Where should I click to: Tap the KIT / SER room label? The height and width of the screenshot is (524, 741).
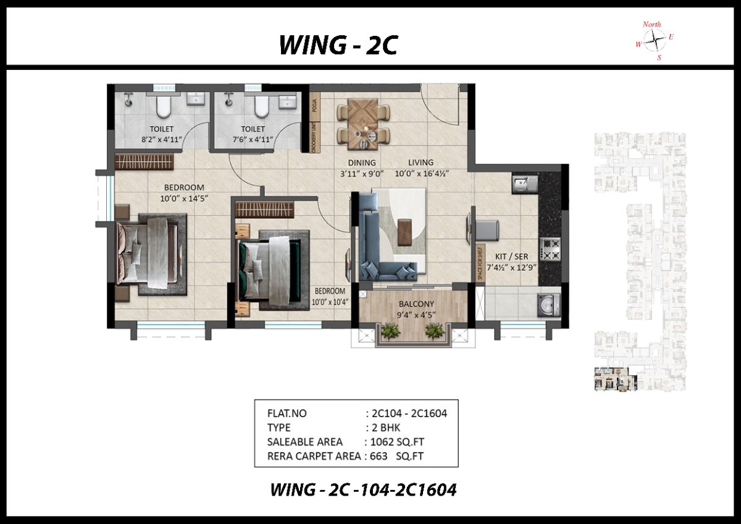tap(511, 256)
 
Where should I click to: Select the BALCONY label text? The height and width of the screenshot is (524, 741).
tap(416, 304)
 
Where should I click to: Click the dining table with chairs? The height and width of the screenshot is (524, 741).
tap(363, 124)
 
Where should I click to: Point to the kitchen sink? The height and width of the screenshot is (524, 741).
tap(525, 183)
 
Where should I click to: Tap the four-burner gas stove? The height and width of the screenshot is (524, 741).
tap(550, 249)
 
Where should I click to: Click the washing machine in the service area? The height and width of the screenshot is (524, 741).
tap(549, 305)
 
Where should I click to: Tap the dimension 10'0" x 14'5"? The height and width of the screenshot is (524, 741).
tap(184, 198)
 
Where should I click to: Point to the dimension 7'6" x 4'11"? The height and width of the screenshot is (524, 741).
tap(253, 140)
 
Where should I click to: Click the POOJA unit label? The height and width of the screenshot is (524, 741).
tap(314, 106)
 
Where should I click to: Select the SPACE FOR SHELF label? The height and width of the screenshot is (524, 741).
tap(480, 263)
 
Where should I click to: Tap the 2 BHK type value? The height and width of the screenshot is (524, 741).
tap(386, 428)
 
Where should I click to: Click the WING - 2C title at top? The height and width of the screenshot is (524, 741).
tap(338, 45)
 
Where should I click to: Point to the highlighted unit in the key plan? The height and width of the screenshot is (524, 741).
tap(615, 379)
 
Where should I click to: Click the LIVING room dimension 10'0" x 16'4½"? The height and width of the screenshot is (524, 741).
tap(422, 174)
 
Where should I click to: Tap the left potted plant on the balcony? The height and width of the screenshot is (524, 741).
tap(390, 331)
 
